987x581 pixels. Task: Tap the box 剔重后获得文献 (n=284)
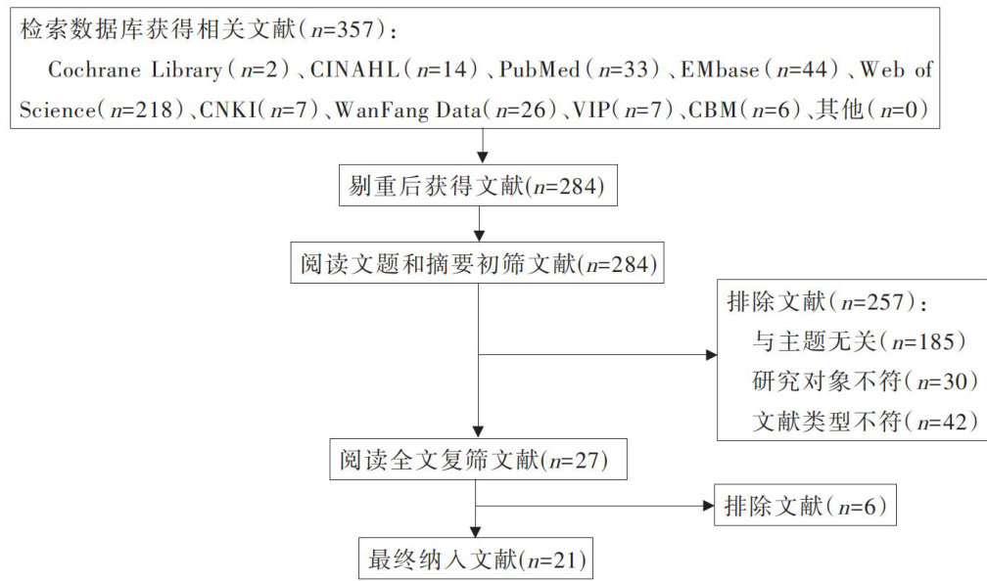click(x=482, y=186)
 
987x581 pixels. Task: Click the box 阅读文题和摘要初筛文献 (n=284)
click(x=478, y=262)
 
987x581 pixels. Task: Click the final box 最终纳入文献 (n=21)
click(x=476, y=560)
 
